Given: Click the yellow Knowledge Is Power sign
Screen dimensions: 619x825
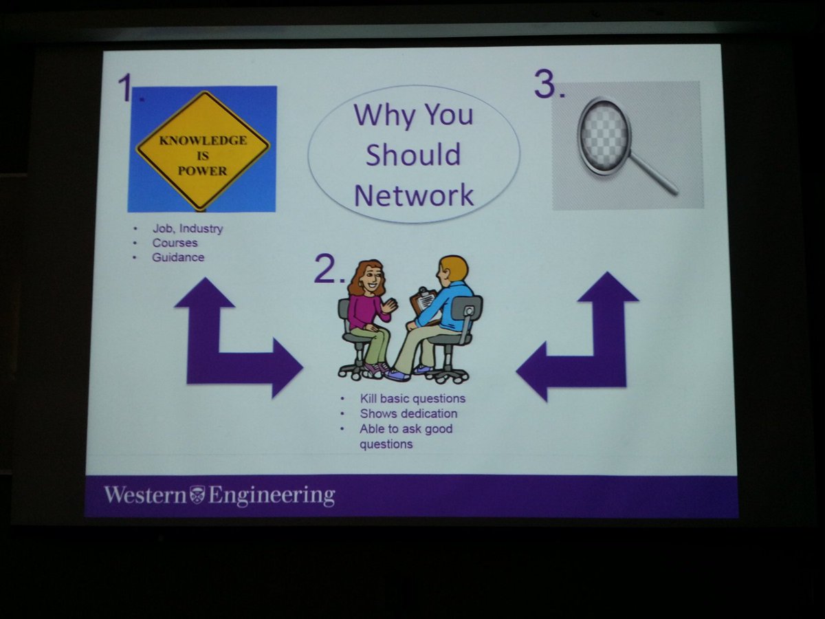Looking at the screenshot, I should click(x=203, y=149).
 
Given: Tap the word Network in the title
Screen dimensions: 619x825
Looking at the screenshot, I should click(x=414, y=195).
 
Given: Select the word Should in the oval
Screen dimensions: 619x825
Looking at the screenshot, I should click(x=412, y=155).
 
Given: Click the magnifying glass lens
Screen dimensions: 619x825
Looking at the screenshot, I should click(x=603, y=135).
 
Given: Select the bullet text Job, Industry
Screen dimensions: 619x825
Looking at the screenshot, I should click(x=188, y=228).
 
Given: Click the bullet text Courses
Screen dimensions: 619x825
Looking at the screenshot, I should click(x=175, y=243).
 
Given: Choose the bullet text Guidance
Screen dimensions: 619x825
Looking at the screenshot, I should click(x=178, y=257).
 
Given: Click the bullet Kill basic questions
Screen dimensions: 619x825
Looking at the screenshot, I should click(x=412, y=398).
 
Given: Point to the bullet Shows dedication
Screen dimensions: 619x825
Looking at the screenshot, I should click(x=408, y=413).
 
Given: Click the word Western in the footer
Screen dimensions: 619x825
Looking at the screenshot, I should click(x=145, y=495).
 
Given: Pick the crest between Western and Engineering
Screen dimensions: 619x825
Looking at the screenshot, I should click(x=197, y=495).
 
